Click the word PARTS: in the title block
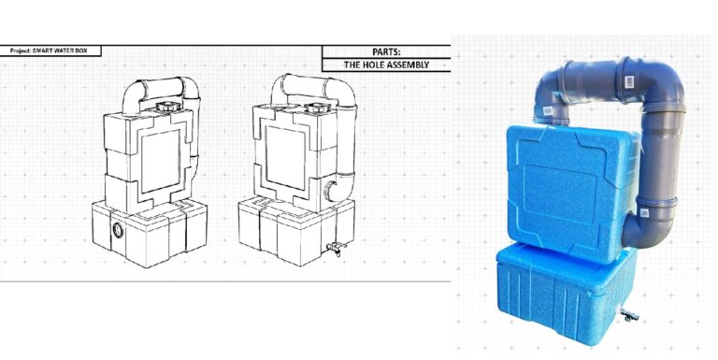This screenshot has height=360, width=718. [386, 52]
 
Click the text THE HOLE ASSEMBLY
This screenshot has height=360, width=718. [386, 65]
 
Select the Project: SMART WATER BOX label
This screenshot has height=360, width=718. [50, 50]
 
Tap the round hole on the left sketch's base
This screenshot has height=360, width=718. [117, 229]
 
